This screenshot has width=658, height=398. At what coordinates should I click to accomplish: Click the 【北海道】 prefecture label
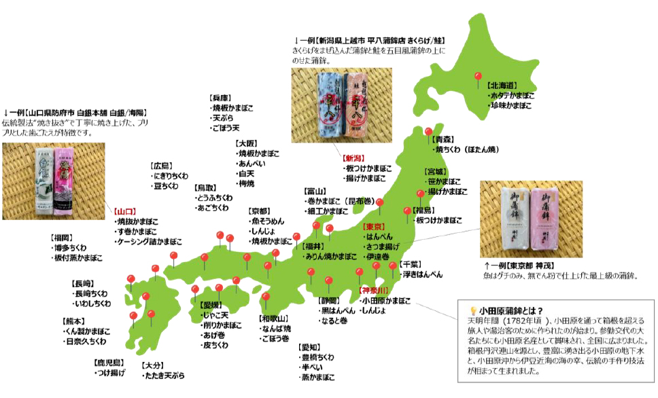503,86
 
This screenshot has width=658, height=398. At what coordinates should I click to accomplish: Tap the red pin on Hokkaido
478,77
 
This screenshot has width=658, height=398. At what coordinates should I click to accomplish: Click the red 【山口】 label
126,212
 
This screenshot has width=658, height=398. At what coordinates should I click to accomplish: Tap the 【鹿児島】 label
109,363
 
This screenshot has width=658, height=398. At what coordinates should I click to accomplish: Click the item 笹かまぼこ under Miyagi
445,181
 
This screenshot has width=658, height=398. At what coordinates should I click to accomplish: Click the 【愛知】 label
311,346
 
